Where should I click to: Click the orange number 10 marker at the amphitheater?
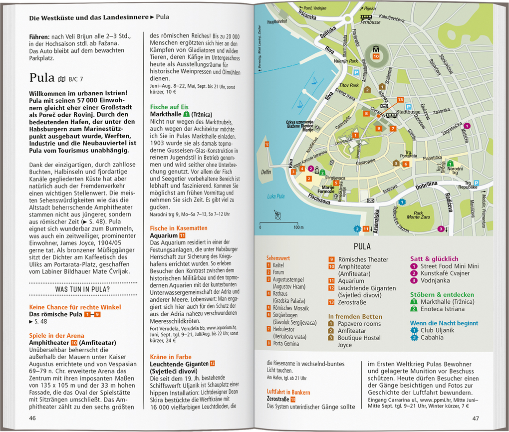pyautogui.click(x=376, y=57)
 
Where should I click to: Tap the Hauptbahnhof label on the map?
pyautogui.click(x=277, y=22)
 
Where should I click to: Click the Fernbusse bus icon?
pyautogui.click(x=364, y=16)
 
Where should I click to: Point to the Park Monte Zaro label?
pyautogui.click(x=418, y=215)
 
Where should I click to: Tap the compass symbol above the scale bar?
pyautogui.click(x=277, y=215)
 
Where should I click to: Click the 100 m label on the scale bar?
pyautogui.click(x=298, y=227)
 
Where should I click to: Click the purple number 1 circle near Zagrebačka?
pyautogui.click(x=467, y=126)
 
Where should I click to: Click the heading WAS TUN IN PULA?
pyautogui.click(x=82, y=289)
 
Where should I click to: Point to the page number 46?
pyautogui.click(x=33, y=418)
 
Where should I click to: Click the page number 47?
pyautogui.click(x=476, y=418)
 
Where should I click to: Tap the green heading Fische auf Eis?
pyautogui.click(x=169, y=107)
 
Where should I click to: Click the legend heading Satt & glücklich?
pyautogui.click(x=434, y=259)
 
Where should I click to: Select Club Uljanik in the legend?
pyautogui.click(x=437, y=330)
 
